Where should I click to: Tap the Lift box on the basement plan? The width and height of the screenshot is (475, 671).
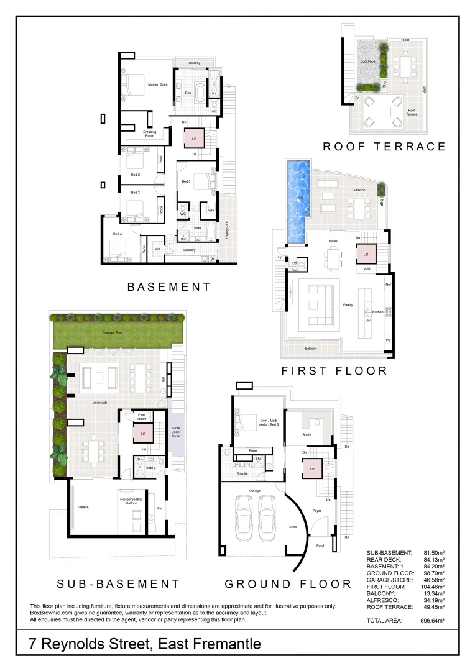pos(195,139)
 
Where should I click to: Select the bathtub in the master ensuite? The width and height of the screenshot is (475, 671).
pos(200,93)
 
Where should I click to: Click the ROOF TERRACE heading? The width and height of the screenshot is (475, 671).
pos(384,147)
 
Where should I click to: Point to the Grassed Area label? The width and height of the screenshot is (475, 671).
pos(113,332)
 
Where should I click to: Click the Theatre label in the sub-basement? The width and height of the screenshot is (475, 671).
pos(83,508)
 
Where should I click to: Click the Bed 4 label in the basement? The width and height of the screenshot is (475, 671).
pos(117,234)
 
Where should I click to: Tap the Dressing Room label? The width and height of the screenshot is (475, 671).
pos(149,134)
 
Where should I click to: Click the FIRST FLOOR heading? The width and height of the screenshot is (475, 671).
pos(334,371)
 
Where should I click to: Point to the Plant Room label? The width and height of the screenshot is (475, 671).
pos(141,417)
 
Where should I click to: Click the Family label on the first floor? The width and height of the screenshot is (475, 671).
pos(348,305)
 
